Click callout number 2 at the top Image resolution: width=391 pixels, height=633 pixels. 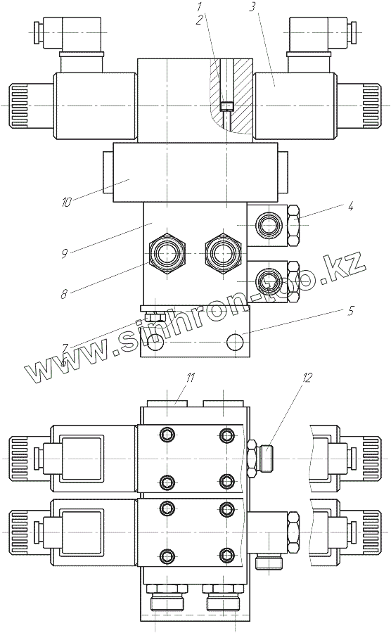point(198,20)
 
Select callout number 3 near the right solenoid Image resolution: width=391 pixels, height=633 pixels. point(252,7)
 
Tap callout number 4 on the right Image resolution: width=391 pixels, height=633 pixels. point(351,206)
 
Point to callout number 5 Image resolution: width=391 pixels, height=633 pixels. point(351,310)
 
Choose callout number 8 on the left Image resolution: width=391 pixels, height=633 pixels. point(64,294)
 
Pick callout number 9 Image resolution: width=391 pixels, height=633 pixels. point(64,253)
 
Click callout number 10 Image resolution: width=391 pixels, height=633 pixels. point(66,202)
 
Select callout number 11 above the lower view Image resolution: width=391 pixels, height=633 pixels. point(190,378)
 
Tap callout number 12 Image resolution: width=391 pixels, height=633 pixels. point(307,378)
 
